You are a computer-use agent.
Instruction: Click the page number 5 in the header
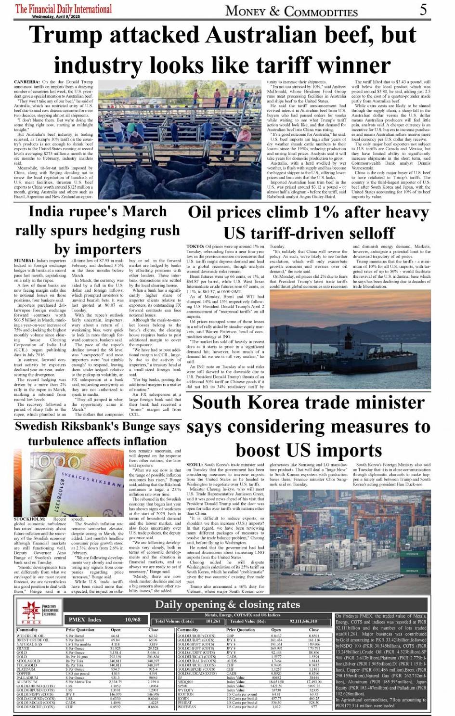click(423, 10)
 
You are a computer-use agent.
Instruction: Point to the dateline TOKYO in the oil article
click(195, 247)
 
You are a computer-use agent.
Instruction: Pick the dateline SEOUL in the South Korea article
click(195, 465)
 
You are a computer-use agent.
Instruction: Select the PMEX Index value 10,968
click(133, 620)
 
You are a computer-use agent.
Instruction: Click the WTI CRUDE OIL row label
click(30, 636)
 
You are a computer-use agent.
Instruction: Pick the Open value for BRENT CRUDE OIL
click(116, 640)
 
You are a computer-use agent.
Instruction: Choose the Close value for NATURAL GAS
click(153, 644)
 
